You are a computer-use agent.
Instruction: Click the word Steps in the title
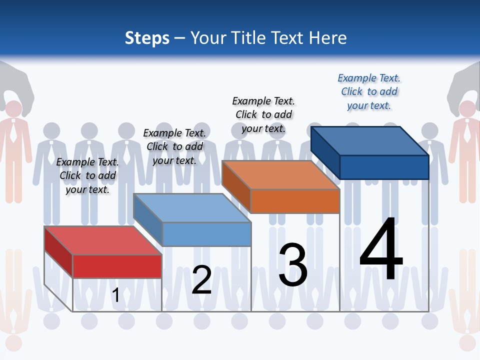click(147, 38)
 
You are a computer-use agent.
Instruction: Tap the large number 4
click(381, 250)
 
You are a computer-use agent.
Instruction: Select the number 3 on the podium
click(293, 265)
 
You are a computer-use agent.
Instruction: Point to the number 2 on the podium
click(201, 280)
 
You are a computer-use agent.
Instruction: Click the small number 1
click(115, 295)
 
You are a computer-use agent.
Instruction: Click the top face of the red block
click(102, 240)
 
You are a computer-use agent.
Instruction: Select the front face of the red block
click(117, 266)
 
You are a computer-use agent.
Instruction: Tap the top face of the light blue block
click(192, 208)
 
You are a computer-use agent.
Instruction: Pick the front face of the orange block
click(295, 201)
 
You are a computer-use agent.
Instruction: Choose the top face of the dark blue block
click(369, 140)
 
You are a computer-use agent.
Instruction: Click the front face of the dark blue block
click(384, 167)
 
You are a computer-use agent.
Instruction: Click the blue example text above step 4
click(369, 91)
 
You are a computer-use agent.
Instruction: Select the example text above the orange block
click(263, 114)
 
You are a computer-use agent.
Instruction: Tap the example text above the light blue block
click(174, 146)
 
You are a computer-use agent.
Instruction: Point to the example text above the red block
click(87, 175)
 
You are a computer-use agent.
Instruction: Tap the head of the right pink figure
click(466, 109)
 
